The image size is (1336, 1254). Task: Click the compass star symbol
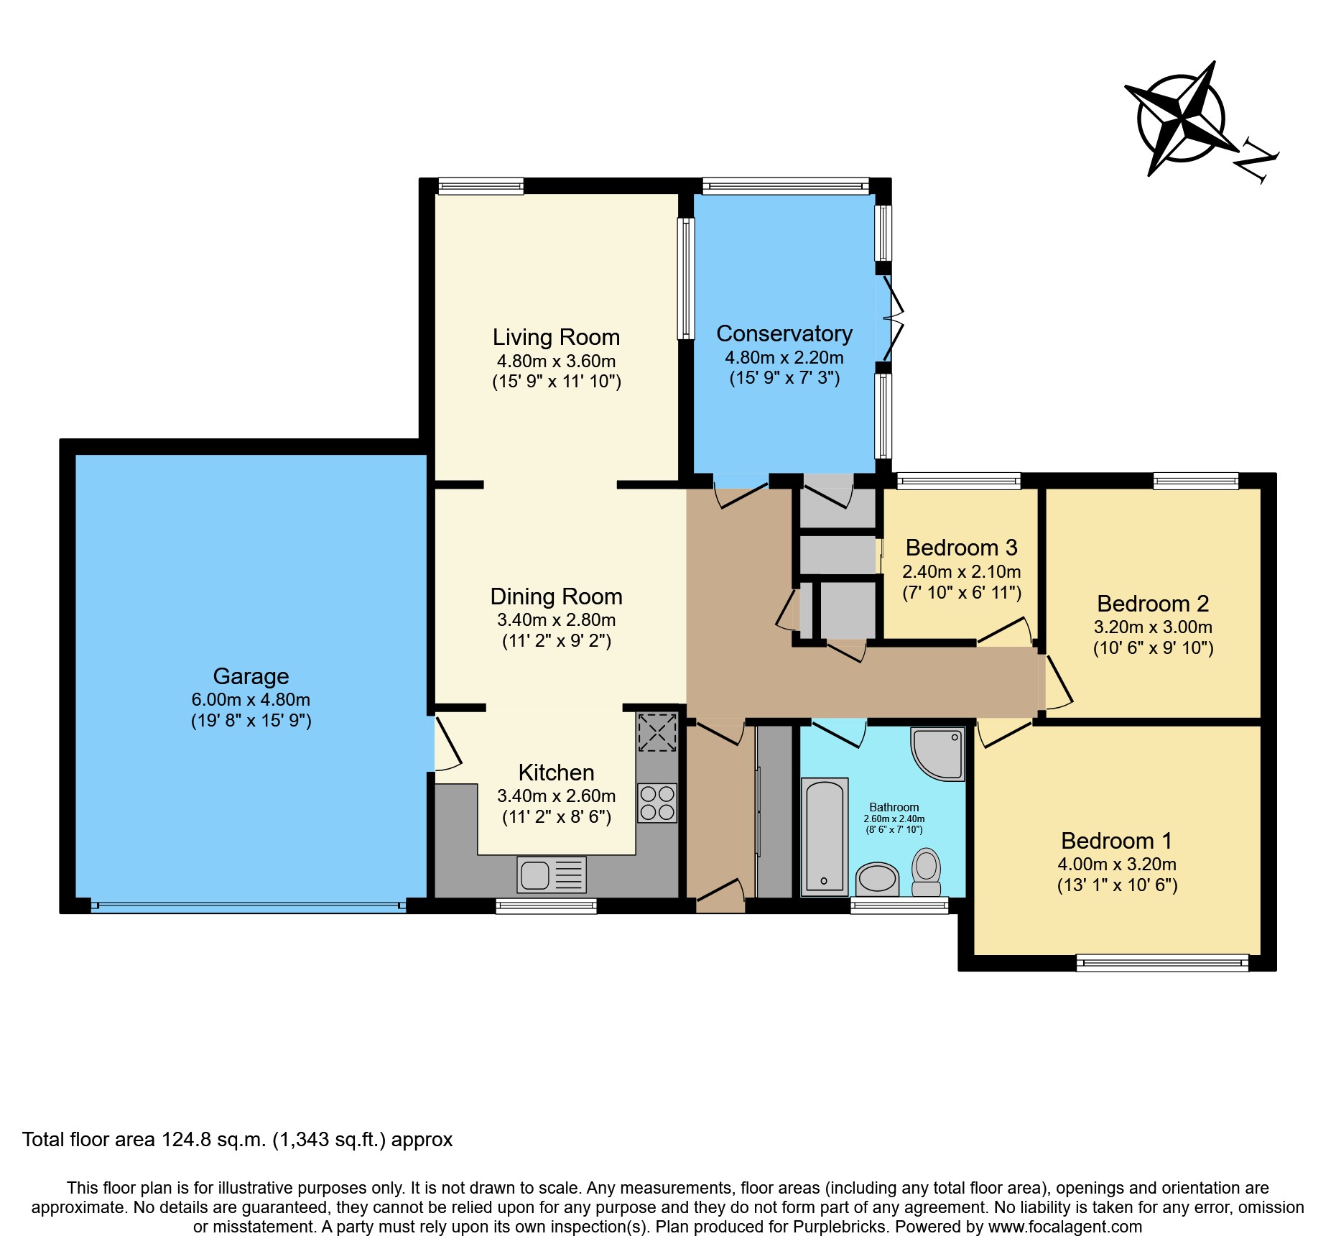[1180, 119]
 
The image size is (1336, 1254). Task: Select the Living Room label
[556, 337]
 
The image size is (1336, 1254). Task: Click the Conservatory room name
[784, 333]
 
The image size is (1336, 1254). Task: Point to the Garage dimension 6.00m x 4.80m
[251, 699]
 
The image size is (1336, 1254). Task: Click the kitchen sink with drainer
[551, 875]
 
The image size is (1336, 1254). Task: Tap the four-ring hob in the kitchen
[657, 803]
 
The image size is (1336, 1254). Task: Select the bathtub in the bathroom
[825, 837]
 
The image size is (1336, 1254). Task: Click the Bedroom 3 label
[961, 548]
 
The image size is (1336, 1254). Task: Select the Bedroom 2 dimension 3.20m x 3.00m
[1153, 627]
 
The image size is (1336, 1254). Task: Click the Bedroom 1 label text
[1117, 841]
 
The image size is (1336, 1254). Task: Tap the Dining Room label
[556, 596]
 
